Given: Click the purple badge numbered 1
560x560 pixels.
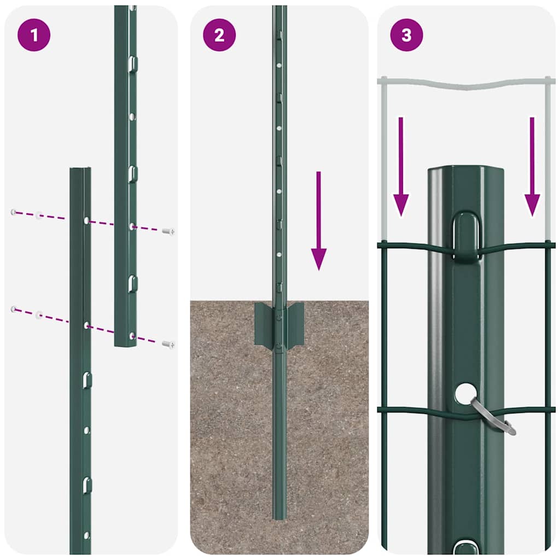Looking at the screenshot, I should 34,35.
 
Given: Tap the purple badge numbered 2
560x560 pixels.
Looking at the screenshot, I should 219,35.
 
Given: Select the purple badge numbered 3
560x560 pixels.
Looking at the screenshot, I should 406,35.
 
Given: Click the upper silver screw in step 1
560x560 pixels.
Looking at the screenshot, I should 168,231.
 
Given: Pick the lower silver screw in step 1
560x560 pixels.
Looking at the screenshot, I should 168,344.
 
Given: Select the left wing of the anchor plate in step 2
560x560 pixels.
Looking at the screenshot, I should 264,326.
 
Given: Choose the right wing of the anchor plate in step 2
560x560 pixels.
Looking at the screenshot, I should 296,326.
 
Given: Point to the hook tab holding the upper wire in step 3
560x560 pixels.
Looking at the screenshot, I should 466,235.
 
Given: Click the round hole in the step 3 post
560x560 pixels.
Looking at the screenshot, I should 465,393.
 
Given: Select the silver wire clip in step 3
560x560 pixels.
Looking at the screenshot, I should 493,417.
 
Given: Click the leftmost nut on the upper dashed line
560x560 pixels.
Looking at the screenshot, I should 13,212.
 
